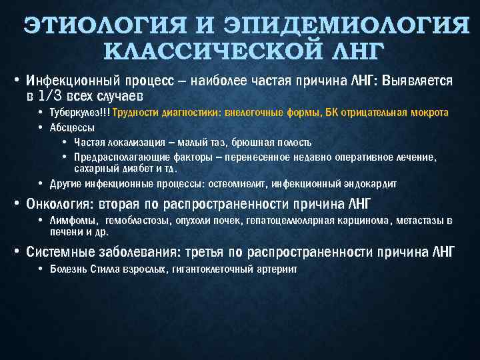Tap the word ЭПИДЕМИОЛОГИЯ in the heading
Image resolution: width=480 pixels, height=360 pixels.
347,27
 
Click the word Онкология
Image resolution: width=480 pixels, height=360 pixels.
59,203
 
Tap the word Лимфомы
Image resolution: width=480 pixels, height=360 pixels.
73,221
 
